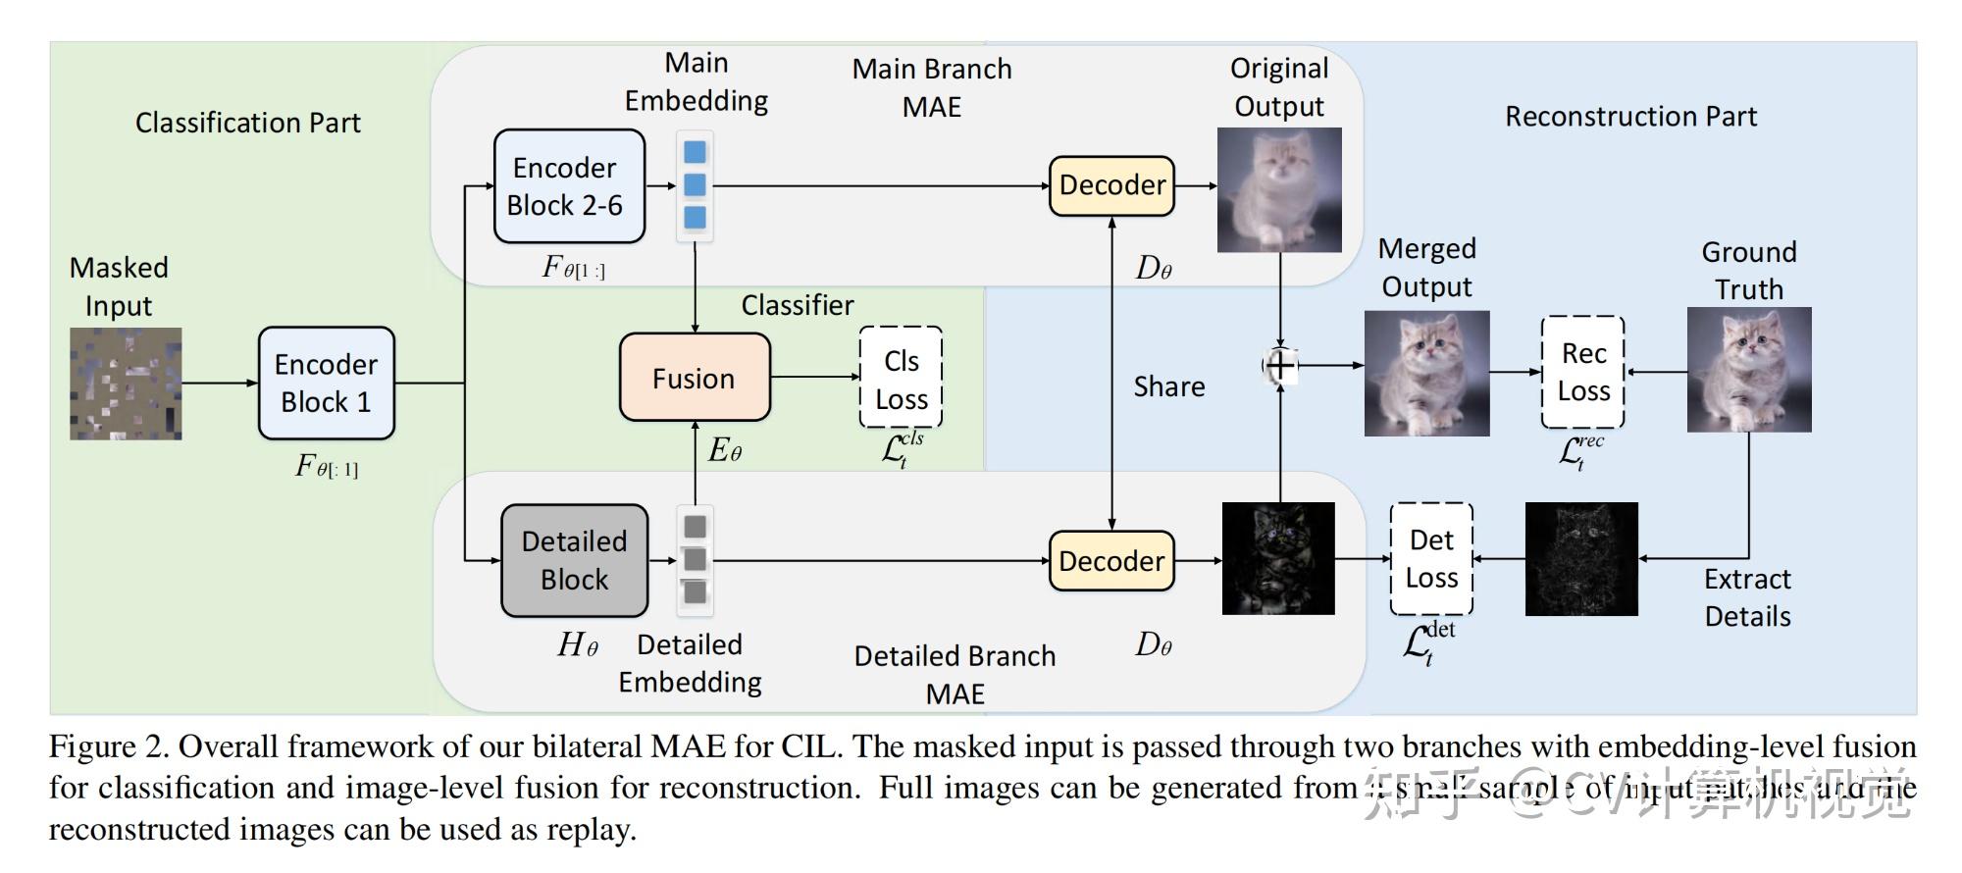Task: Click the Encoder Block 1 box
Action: coord(326,384)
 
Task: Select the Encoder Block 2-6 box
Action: coord(569,186)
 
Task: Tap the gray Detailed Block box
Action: coord(574,560)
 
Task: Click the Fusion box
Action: coord(695,378)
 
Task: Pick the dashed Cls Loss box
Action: coord(901,378)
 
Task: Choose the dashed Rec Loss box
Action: coord(1582,372)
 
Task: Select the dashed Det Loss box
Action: coord(1431,559)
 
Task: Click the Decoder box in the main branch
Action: coord(1111,185)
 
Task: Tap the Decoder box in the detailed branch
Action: coord(1111,561)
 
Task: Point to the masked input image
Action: coord(126,384)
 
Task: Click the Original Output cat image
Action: coord(1279,189)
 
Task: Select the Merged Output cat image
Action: coord(1426,373)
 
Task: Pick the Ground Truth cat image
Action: coord(1748,370)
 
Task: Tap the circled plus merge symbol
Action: coord(1280,366)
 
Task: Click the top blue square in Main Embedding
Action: coord(695,153)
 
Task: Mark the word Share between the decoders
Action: coord(1168,386)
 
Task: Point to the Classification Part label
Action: coord(247,123)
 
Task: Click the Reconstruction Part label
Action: coord(1630,117)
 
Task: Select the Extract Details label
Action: coord(1747,597)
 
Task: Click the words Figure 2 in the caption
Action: coord(109,747)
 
